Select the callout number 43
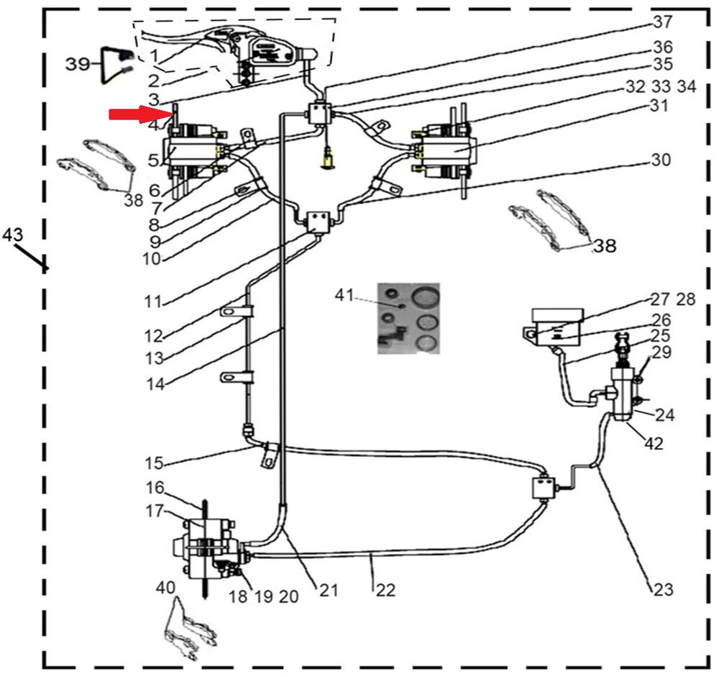[x=12, y=235]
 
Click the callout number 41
[x=344, y=294]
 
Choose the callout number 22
[x=385, y=589]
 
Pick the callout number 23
[x=662, y=589]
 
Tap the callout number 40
[x=165, y=589]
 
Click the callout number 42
[x=654, y=444]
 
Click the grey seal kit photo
[x=408, y=318]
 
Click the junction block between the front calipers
[x=317, y=221]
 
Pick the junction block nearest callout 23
[x=544, y=489]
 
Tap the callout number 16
[x=155, y=489]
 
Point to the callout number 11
[x=153, y=301]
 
